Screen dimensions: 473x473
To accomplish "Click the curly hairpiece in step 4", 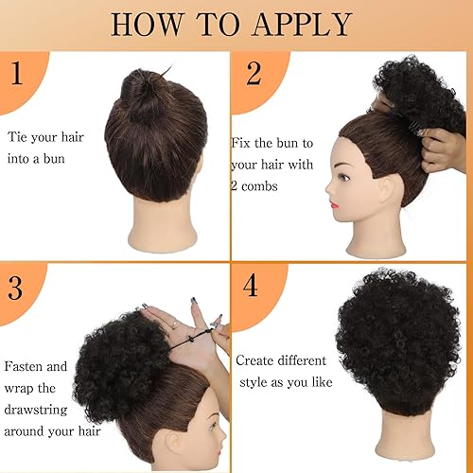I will click(x=397, y=331).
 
